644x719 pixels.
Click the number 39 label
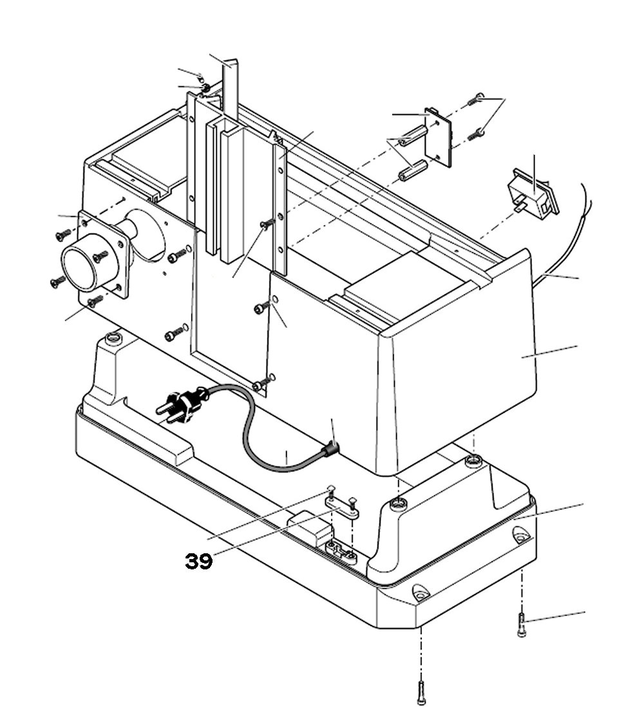199,561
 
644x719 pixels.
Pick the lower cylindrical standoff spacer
413,171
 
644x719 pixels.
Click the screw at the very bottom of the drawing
421,693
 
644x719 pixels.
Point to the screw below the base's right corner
522,625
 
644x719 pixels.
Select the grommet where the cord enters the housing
331,448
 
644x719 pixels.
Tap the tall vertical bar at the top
231,90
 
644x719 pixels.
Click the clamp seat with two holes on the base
341,551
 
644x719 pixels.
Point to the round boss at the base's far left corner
113,337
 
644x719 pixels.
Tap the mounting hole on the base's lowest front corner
421,591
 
